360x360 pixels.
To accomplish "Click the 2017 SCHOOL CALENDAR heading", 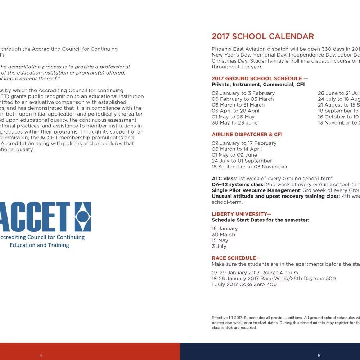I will click(263, 36).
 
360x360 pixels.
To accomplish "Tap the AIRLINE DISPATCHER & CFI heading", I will click(247, 134).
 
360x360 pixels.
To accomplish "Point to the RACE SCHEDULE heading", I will click(236, 258).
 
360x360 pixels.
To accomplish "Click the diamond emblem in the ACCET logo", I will click(82, 216).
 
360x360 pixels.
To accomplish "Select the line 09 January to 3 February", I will click(243, 93).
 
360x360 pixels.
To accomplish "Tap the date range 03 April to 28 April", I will click(235, 111).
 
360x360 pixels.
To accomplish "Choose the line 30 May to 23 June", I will click(235, 123).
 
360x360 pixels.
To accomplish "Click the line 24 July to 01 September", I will click(242, 161).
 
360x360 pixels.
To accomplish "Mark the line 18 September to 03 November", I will click(249, 167).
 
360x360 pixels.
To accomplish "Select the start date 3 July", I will click(219, 246).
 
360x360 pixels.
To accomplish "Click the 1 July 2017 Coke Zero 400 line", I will click(244, 284).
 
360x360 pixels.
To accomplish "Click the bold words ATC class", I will click(224, 179).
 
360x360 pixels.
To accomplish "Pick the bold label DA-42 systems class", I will click(238, 184).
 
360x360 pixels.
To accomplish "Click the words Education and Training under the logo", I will click(39, 245).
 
